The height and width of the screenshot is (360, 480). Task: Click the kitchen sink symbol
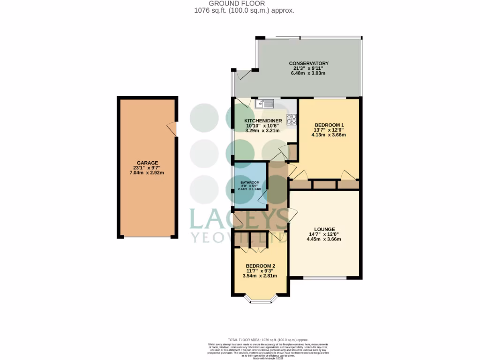[264, 103]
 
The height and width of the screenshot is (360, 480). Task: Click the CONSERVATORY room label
[308, 63]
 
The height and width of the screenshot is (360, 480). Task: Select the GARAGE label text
[147, 163]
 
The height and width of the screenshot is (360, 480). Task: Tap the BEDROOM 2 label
[260, 266]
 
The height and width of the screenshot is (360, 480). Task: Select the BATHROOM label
[250, 182]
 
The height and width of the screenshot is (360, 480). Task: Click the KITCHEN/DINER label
[262, 120]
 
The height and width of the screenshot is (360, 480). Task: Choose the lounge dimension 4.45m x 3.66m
[323, 239]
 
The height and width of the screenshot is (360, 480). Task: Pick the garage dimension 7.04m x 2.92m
[147, 173]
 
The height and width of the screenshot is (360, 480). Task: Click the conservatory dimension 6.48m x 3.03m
[308, 74]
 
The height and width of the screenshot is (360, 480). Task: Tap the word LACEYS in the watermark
[239, 218]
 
